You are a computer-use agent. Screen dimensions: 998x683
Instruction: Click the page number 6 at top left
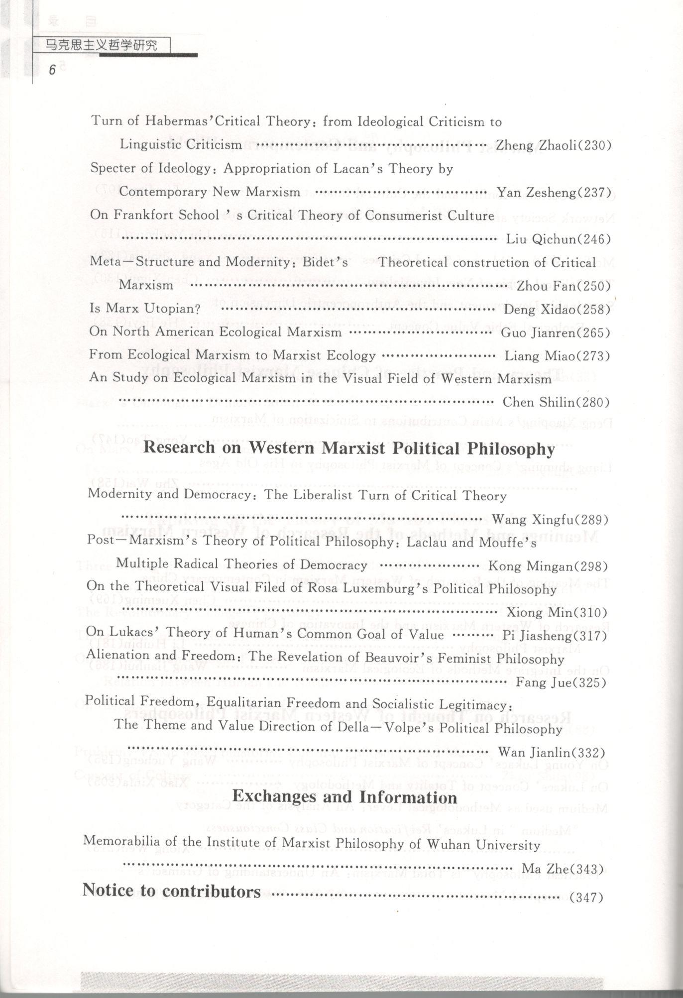[x=51, y=70]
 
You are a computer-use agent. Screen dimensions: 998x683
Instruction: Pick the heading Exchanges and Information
[x=344, y=796]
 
